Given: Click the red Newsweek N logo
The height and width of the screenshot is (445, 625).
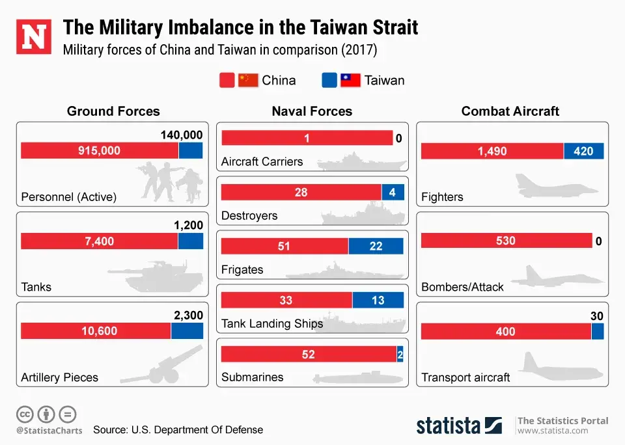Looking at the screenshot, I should pos(33,37).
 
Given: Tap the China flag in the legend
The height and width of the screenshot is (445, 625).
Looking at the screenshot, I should pos(248,80).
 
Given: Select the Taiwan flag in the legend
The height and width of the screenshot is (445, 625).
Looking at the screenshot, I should pos(350,80).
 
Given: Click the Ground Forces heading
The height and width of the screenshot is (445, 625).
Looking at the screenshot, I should pos(113,111).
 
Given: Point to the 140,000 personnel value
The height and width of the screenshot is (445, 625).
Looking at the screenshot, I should pos(182,135).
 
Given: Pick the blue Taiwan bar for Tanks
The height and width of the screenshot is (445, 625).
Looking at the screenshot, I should pos(190,241).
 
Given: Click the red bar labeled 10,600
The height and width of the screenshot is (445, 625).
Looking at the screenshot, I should pos(96,331).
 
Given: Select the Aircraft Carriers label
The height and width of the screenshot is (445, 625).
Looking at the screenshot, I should pos(262,162).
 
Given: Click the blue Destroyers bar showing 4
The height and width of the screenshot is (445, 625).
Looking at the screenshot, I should pos(393,193).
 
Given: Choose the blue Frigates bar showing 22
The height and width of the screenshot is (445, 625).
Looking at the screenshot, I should pos(376,247).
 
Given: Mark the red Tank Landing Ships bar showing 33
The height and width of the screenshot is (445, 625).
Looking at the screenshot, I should pos(286,301).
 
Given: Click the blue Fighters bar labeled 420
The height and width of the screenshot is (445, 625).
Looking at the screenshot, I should pos(583,151).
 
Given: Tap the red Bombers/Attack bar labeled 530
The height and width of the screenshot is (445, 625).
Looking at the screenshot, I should pos(506,241).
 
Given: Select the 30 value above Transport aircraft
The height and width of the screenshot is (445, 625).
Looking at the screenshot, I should pos(597,316).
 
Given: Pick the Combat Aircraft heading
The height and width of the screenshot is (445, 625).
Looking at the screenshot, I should pos(510,111).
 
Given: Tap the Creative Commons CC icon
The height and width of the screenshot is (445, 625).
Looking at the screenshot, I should pos(25,414).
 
